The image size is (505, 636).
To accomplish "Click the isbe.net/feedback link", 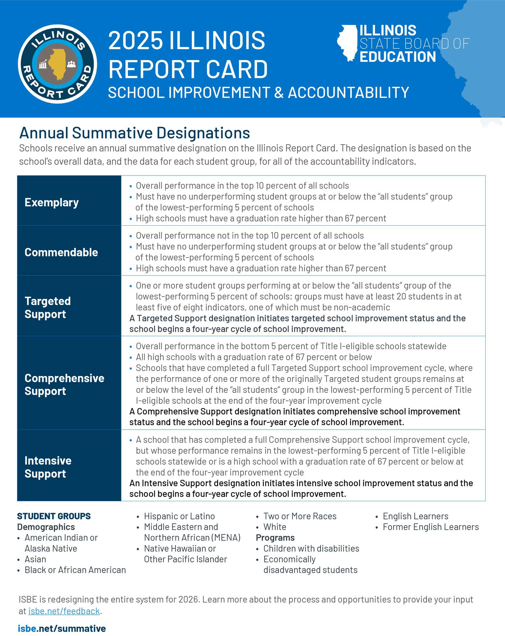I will point(64,611).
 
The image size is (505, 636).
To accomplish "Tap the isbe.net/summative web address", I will point(62,628).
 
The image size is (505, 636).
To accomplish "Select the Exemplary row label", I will point(52,203).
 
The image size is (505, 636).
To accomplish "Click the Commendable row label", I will point(61,252).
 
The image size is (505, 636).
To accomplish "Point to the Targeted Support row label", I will point(48,307).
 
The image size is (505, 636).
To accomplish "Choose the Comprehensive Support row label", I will point(64,384).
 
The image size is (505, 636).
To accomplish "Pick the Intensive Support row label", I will point(48,467).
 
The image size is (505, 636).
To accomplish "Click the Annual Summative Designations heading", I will point(135,133).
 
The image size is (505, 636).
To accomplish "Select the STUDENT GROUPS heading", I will point(54,516).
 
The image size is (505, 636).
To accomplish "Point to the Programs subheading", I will point(275,538).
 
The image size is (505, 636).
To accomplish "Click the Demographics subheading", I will point(46,527).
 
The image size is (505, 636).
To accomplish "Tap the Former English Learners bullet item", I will point(430,527).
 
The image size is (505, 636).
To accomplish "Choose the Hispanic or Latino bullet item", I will point(179,516).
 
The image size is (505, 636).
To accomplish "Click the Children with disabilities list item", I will point(311,549).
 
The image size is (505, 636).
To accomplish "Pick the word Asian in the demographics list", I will point(35,559).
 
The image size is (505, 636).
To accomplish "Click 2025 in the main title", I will point(135,40).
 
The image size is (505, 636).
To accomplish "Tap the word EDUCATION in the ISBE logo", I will point(398,57).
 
